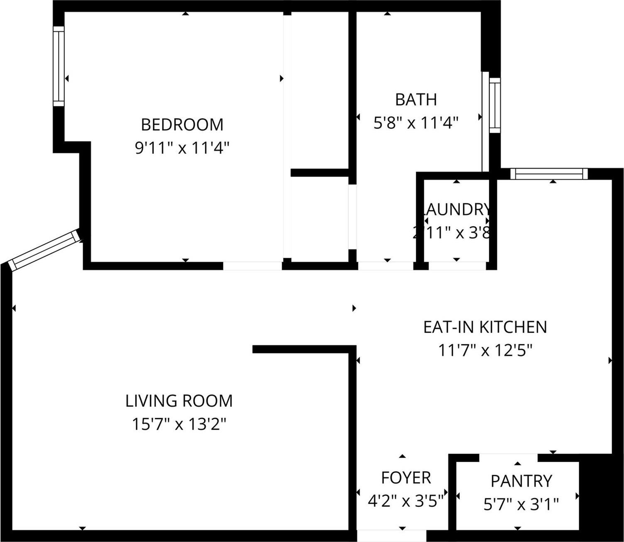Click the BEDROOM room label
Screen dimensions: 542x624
pyautogui.click(x=182, y=124)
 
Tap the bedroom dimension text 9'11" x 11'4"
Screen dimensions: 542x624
pyautogui.click(x=182, y=148)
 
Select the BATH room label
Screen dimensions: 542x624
pyautogui.click(x=415, y=100)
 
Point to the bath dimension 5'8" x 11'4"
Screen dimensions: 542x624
pyautogui.click(x=415, y=123)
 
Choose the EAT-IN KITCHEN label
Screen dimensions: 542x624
pyautogui.click(x=485, y=327)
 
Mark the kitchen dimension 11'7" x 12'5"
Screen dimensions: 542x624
pyautogui.click(x=485, y=351)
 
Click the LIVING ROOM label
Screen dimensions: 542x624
pyautogui.click(x=179, y=401)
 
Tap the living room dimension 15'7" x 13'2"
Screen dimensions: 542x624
pyautogui.click(x=179, y=424)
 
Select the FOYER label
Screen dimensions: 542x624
pyautogui.click(x=406, y=478)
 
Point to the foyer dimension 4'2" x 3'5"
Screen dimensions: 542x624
pyautogui.click(x=406, y=501)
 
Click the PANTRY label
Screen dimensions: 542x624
pyautogui.click(x=521, y=481)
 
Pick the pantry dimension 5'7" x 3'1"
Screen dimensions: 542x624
pyautogui.click(x=521, y=505)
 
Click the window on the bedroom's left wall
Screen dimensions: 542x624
pyautogui.click(x=59, y=66)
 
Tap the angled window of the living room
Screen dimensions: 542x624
pyautogui.click(x=44, y=250)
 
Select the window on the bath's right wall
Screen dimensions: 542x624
pyautogui.click(x=494, y=105)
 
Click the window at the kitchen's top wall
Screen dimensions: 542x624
pyautogui.click(x=549, y=173)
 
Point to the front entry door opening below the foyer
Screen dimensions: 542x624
pyautogui.click(x=391, y=535)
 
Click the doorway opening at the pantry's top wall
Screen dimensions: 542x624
pyautogui.click(x=509, y=458)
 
